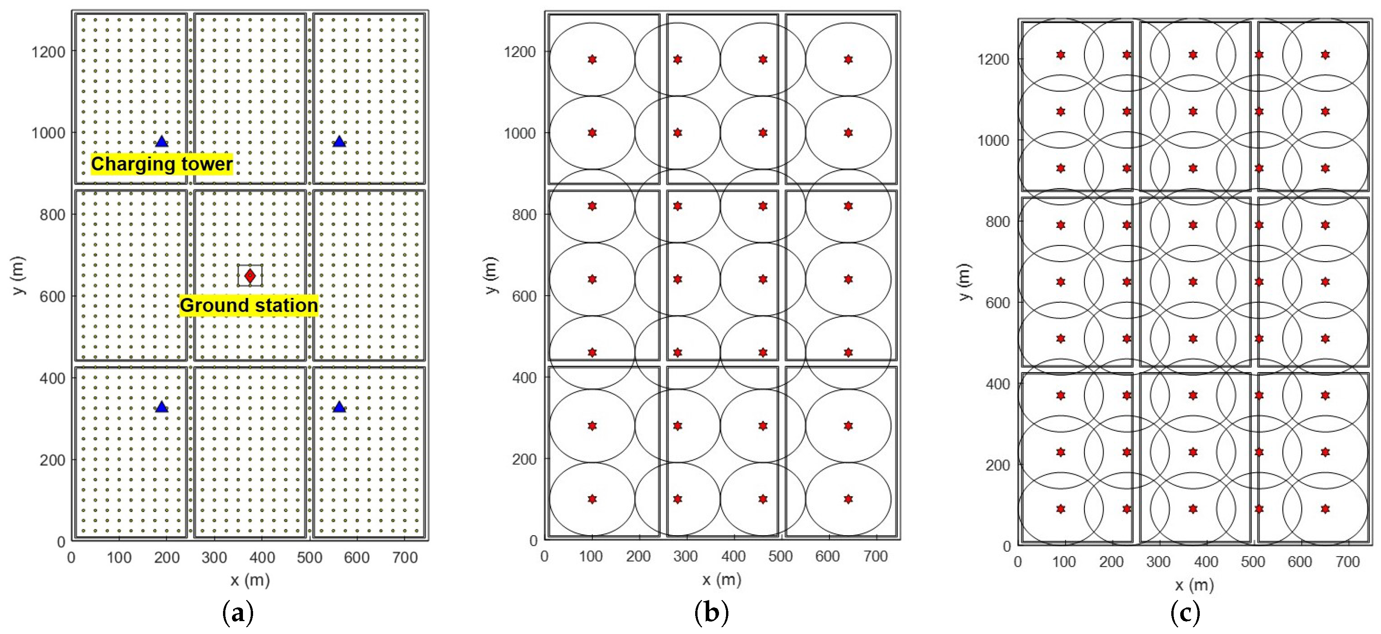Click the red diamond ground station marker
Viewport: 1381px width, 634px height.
click(250, 276)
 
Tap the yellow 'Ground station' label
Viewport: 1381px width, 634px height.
click(249, 305)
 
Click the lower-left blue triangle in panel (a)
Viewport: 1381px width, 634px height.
click(161, 407)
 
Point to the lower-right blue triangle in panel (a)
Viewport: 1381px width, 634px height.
click(339, 407)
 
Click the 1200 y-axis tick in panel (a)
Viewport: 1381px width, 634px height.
click(48, 52)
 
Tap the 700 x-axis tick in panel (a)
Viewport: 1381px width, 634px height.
click(405, 558)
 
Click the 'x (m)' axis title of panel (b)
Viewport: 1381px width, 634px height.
click(722, 579)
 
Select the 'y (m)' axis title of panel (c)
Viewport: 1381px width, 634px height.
click(963, 282)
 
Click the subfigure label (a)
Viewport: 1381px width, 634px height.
click(237, 613)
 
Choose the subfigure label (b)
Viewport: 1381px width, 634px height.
click(712, 613)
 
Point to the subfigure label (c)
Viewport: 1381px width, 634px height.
click(1185, 613)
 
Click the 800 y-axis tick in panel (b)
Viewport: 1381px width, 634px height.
click(524, 214)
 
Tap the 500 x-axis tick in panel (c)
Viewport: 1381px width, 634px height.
click(1253, 562)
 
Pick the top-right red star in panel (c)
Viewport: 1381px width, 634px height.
click(1325, 55)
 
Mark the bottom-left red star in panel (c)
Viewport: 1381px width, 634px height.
click(1060, 509)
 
